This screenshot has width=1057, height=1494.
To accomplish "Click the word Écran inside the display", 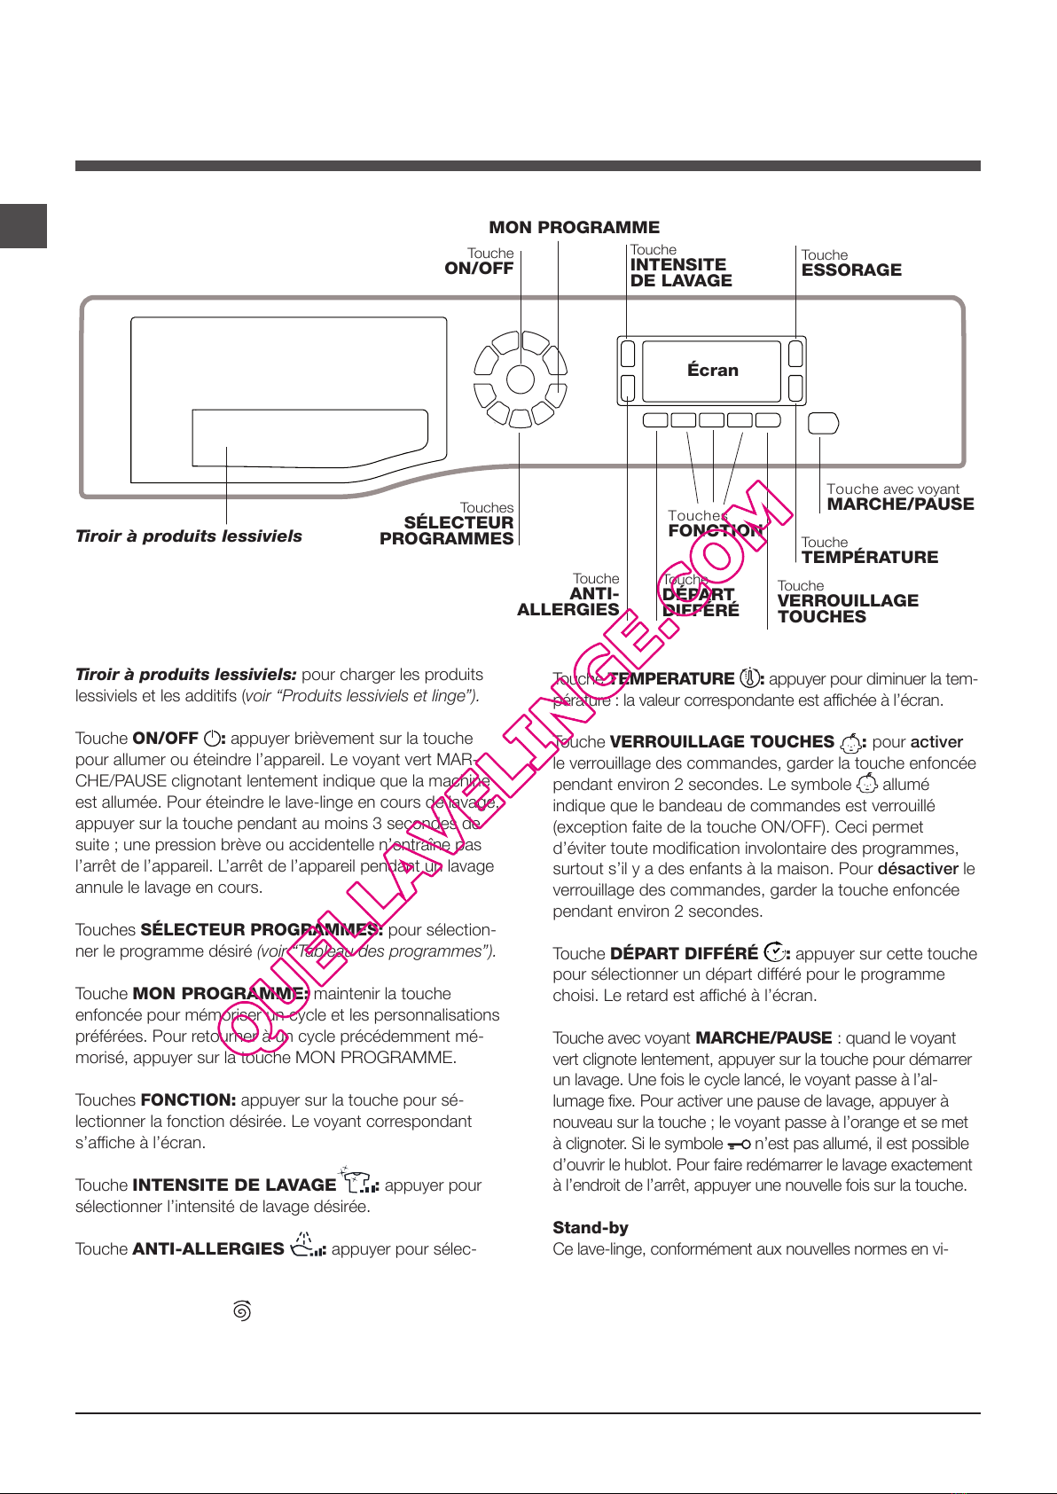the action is [x=712, y=371].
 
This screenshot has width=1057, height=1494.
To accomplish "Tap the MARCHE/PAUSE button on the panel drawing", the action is [x=824, y=423].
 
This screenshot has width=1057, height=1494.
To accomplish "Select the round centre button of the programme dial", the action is [x=521, y=379].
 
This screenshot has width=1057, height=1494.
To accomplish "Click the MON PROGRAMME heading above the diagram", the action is [x=574, y=228].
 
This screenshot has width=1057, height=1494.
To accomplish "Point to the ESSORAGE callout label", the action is [x=851, y=270].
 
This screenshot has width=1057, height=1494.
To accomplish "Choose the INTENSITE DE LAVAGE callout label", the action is [x=681, y=272].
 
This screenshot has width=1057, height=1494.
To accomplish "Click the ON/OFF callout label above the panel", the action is [x=479, y=269].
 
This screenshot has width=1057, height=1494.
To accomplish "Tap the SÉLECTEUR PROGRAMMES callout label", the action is [x=448, y=530].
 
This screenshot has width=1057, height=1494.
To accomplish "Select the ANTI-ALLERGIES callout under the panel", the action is [x=568, y=601].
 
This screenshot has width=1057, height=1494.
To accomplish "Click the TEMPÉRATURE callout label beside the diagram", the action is [x=869, y=557].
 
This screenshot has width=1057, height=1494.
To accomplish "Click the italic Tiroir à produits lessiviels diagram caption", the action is [x=189, y=536].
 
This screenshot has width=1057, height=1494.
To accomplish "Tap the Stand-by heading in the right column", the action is [x=591, y=1228].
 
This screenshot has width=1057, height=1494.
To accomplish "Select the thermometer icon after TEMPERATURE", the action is [x=749, y=678].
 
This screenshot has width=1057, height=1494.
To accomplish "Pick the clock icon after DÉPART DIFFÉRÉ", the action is [x=774, y=952].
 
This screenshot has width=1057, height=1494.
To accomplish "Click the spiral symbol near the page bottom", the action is [x=242, y=1310].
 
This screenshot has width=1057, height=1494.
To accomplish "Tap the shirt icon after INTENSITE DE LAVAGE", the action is [x=359, y=1182].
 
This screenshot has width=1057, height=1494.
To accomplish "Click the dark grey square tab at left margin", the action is [x=23, y=226].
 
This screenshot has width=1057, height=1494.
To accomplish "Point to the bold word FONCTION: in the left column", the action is [x=188, y=1100].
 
